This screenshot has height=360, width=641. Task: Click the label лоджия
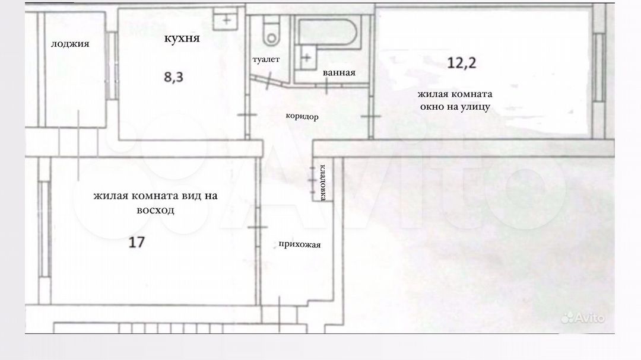[x=70, y=44]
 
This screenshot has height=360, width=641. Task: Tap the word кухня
[x=182, y=38]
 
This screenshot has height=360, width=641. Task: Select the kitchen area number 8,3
[x=174, y=77]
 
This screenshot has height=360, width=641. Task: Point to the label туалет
[x=266, y=59]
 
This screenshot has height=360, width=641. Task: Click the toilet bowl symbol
[x=271, y=31]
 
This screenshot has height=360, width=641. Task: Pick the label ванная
[x=339, y=73]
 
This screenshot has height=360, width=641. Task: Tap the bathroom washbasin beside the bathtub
[x=306, y=58]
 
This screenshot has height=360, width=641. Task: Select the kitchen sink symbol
[x=226, y=20]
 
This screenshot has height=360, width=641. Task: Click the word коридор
[x=302, y=116]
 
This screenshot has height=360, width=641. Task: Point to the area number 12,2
[x=462, y=62]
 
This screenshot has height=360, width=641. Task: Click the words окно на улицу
[x=455, y=107]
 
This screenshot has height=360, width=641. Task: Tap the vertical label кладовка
[x=322, y=182]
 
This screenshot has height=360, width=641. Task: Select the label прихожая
[x=299, y=244]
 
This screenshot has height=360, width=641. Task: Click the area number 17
[x=137, y=242]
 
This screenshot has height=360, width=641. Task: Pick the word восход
[x=156, y=211]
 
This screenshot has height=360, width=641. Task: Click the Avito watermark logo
[x=583, y=317]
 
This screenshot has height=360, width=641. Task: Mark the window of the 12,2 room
[x=599, y=68]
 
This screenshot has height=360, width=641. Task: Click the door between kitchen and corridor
[x=247, y=115]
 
